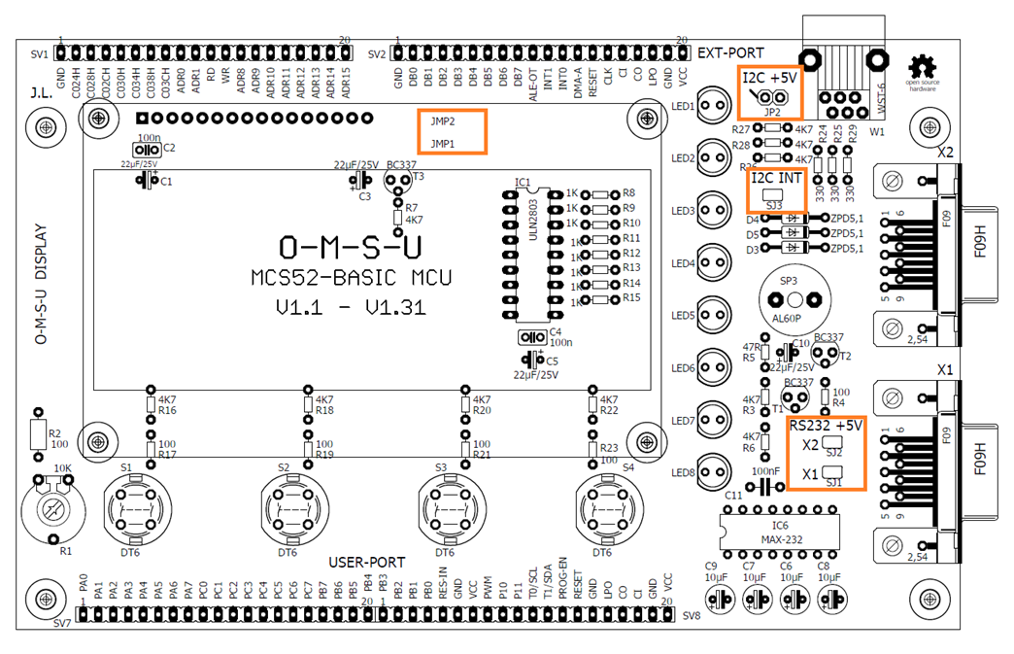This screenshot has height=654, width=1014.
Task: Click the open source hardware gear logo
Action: [x=921, y=67]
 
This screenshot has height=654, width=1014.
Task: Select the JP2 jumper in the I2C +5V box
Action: [x=773, y=98]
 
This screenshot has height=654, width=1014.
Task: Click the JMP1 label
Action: [x=443, y=144]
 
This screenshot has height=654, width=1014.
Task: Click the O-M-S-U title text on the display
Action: [x=350, y=244]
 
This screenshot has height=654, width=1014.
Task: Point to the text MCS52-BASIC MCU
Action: [x=351, y=278]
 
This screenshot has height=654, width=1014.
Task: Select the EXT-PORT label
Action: [x=730, y=52]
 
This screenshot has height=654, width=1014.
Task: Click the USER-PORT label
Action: [x=366, y=563]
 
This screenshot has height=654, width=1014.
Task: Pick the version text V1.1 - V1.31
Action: [x=351, y=308]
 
